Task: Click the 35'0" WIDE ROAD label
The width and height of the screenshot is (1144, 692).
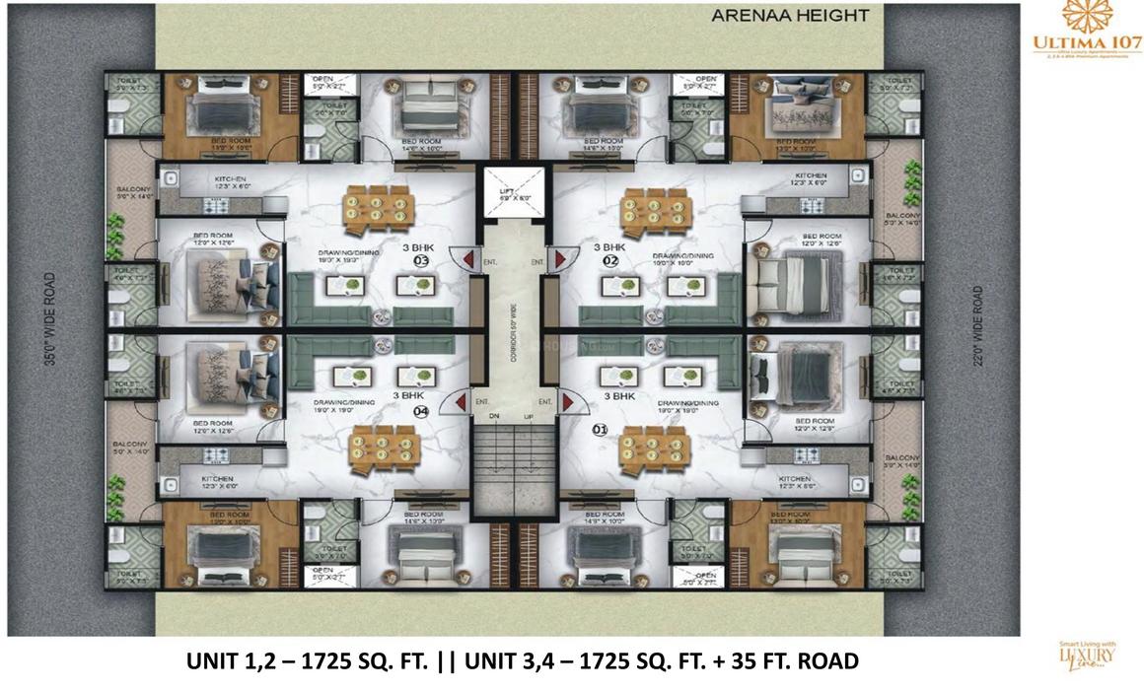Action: pyautogui.click(x=48, y=321)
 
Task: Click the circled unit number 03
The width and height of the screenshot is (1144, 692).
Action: pyautogui.click(x=421, y=261)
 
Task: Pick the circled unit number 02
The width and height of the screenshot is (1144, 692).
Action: pyautogui.click(x=610, y=261)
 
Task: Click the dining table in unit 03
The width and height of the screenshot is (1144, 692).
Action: pyautogui.click(x=375, y=205)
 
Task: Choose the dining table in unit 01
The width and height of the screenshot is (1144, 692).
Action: pyautogui.click(x=652, y=447)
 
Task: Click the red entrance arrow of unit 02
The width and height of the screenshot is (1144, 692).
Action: pyautogui.click(x=560, y=259)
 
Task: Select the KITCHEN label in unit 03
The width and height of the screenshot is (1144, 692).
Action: pyautogui.click(x=235, y=180)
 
